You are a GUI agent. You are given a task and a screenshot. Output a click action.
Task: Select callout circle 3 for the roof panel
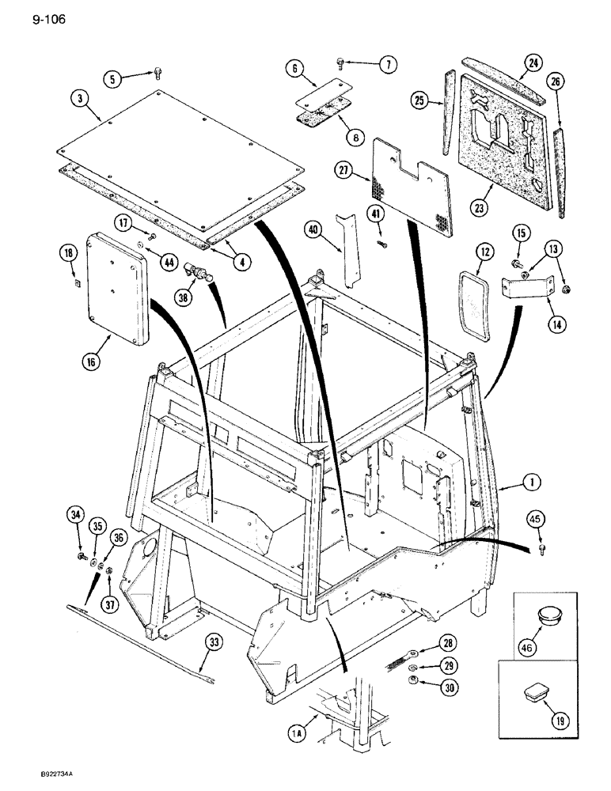(x=81, y=100)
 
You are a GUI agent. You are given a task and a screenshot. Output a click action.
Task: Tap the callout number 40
(x=317, y=230)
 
